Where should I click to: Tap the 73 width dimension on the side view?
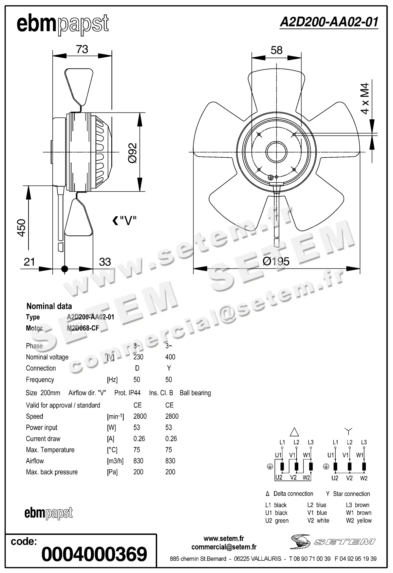tap(82, 50)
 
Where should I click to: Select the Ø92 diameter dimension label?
tap(133, 153)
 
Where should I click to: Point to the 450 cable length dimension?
tap(21, 228)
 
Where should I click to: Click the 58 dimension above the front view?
tap(276, 51)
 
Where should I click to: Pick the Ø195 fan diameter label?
tap(276, 261)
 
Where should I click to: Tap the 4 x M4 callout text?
tap(365, 98)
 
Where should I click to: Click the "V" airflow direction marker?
tap(125, 221)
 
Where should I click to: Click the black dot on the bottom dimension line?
tap(64, 269)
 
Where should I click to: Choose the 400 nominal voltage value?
tap(170, 357)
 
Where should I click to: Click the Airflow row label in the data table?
tap(35, 461)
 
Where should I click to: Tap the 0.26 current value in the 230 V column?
tap(139, 439)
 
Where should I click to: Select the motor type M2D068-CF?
tap(83, 328)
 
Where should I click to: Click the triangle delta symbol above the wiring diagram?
tap(294, 432)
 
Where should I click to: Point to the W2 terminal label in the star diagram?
tap(363, 478)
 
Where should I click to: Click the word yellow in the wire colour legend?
tap(364, 520)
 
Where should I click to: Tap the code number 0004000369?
tap(94, 554)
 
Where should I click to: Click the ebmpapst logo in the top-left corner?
tap(63, 24)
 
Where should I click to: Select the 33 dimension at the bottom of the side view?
tap(105, 262)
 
